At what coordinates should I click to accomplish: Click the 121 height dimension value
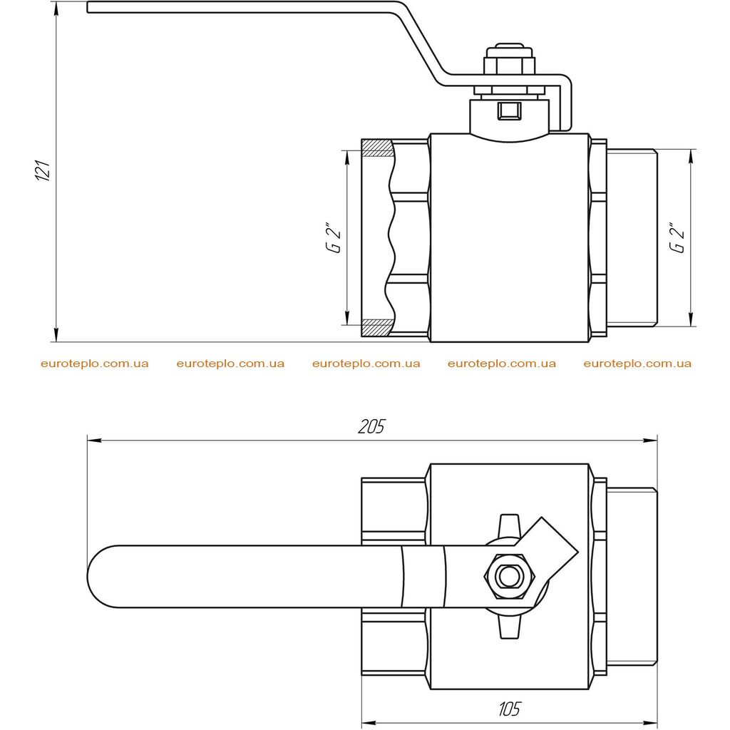[43, 170]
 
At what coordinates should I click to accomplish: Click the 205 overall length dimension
[372, 426]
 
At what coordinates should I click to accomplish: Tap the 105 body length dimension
[509, 709]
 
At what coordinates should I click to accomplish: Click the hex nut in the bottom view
[510, 576]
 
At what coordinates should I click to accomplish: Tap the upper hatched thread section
[378, 148]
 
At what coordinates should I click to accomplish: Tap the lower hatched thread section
[376, 328]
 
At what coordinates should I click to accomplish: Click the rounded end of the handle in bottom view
[100, 576]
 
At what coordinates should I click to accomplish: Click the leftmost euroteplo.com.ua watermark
[95, 364]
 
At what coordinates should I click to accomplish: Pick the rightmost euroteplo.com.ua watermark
[637, 364]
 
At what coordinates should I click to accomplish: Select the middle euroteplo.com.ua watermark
[366, 364]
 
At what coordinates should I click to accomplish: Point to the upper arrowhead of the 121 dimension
[56, 9]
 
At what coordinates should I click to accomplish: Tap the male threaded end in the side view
[632, 237]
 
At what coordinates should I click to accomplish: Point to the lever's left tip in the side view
[88, 7]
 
